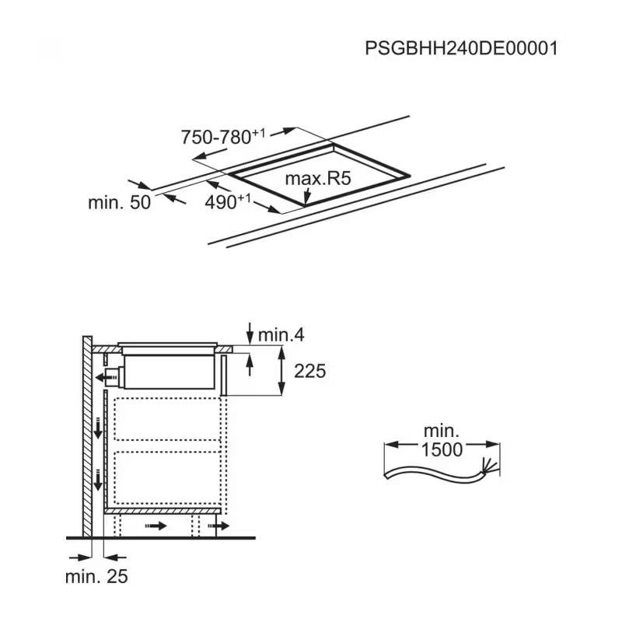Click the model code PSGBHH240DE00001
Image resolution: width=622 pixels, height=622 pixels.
coord(461,48)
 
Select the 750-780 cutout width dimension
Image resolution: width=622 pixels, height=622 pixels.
coord(223,138)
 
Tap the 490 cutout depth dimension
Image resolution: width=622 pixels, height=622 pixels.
coord(228,202)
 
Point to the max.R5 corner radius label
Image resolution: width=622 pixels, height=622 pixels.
coord(318,179)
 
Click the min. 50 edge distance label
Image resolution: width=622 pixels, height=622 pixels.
coord(120,202)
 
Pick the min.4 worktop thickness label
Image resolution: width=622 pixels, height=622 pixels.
coord(281,335)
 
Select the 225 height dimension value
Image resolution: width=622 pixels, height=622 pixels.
coord(309,372)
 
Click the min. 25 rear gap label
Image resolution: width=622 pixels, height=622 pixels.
coord(96,576)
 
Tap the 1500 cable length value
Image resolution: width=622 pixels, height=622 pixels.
coord(442,449)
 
